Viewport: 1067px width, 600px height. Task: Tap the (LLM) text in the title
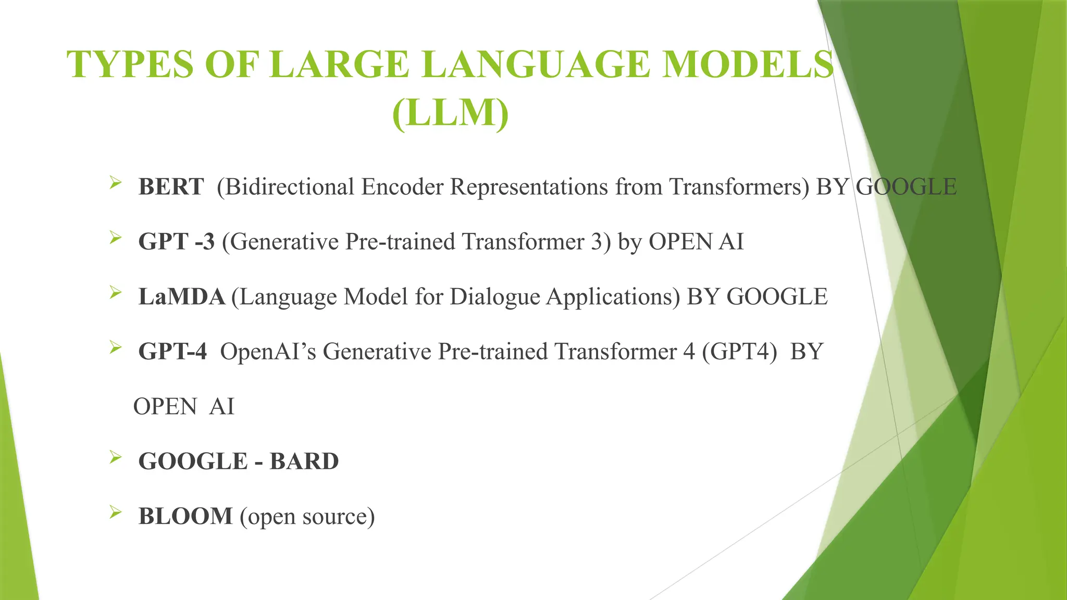point(450,113)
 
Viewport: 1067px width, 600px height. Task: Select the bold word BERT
point(171,187)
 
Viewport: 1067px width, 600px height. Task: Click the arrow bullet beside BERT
point(116,183)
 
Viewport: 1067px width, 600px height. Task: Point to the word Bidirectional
point(286,187)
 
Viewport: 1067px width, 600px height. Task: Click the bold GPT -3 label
point(177,242)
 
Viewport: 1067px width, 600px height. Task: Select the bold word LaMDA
point(181,297)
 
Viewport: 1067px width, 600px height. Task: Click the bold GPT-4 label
point(172,352)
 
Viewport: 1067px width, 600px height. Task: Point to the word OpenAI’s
point(268,352)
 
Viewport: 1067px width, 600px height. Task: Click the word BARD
point(304,461)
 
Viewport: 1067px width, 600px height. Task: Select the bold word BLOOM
point(185,516)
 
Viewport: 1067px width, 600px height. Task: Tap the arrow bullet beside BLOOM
point(116,513)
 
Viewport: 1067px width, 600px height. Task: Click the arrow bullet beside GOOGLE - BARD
point(116,458)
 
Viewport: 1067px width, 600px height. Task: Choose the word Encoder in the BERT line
point(403,187)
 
